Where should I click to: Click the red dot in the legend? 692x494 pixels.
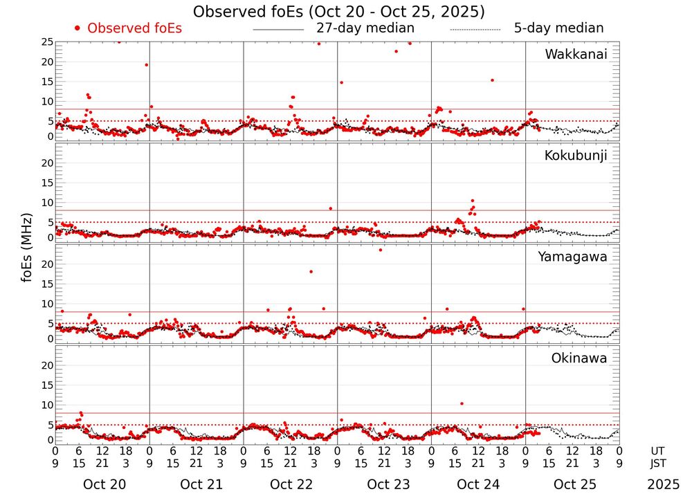point(78,28)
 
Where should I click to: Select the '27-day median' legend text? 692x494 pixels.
point(365,28)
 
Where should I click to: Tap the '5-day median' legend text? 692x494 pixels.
point(558,28)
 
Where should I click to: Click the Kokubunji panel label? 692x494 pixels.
point(576,156)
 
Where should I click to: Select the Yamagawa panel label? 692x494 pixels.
point(573,257)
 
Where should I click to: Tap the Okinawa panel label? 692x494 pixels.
point(579,358)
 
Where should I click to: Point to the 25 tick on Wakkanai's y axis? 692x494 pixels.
point(47,42)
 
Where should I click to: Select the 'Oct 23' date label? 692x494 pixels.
point(384,484)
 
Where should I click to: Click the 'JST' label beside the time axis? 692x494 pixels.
point(659,463)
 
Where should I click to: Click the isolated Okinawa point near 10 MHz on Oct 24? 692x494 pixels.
point(462,403)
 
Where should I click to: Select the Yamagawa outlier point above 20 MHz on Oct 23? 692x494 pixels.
point(380,250)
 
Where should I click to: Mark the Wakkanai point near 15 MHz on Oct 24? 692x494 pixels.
point(492,80)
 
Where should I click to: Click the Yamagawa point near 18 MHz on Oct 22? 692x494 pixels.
point(311,272)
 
